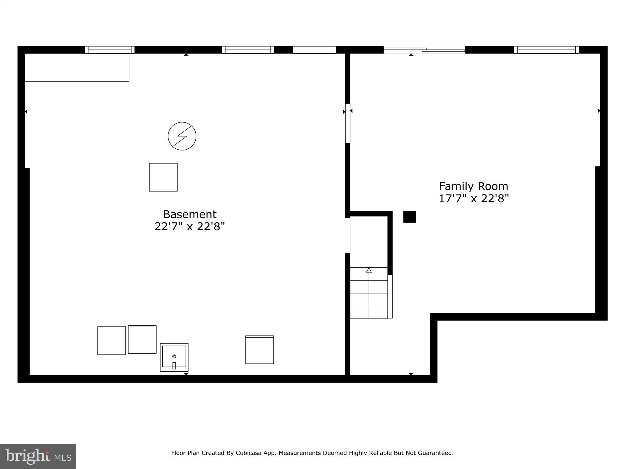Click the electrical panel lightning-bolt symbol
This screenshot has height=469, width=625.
182,136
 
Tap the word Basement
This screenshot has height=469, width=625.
190,214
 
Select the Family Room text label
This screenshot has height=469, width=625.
473,186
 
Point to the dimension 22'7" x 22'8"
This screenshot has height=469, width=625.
190,227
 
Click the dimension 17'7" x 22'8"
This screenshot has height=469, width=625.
473,199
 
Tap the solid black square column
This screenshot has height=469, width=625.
409,217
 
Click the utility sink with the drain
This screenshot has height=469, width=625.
174,357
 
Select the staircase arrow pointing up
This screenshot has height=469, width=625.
369,271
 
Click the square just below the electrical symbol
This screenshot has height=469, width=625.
163,177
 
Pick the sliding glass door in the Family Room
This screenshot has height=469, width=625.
424,50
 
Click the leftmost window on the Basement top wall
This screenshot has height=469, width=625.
110,50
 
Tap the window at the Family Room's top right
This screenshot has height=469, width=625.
546,50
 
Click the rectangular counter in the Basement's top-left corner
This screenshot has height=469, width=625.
77,67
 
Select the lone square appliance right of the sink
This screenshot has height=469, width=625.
259,350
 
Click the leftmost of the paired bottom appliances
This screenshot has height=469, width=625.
111,340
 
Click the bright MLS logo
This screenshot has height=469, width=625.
38,456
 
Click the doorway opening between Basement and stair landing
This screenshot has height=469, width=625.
348,235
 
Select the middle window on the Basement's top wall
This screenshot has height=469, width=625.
248,50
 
